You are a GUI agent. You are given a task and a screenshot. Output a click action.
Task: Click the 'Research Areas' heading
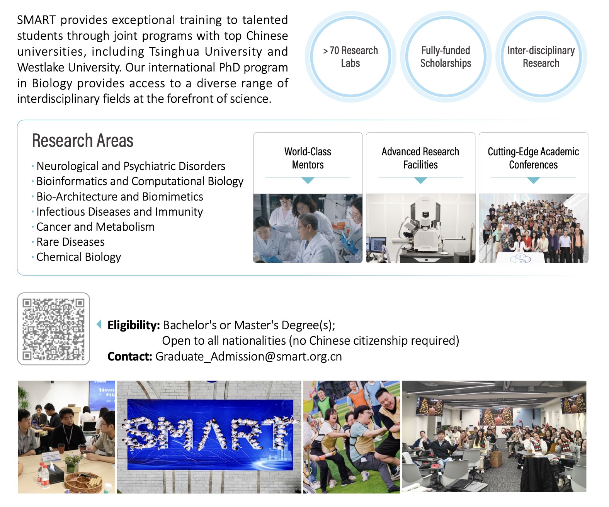tap(83, 141)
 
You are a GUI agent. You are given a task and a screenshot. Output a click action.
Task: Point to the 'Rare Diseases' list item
tap(70, 242)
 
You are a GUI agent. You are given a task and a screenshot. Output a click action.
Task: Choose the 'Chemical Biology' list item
tap(78, 257)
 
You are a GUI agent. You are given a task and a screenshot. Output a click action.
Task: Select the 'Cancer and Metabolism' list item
tap(95, 227)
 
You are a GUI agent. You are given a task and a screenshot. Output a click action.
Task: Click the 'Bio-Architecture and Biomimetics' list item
tap(119, 197)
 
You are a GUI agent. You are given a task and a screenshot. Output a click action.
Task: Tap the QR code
tap(53, 329)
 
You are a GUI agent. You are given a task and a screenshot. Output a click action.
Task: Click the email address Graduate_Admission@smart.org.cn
tap(248, 356)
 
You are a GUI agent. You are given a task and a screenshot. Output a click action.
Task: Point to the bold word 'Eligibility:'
tap(134, 325)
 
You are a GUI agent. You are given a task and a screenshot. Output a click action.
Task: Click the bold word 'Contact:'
tap(130, 356)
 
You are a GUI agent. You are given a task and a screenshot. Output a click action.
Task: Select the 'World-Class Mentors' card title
tap(308, 158)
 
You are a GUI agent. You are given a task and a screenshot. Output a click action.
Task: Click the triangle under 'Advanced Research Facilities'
tap(420, 180)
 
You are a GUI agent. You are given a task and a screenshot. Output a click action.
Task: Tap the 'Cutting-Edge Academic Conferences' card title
tap(533, 158)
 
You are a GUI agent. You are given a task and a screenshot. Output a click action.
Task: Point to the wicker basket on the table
tap(83, 481)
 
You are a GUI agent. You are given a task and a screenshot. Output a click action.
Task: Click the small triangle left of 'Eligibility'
tap(99, 324)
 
